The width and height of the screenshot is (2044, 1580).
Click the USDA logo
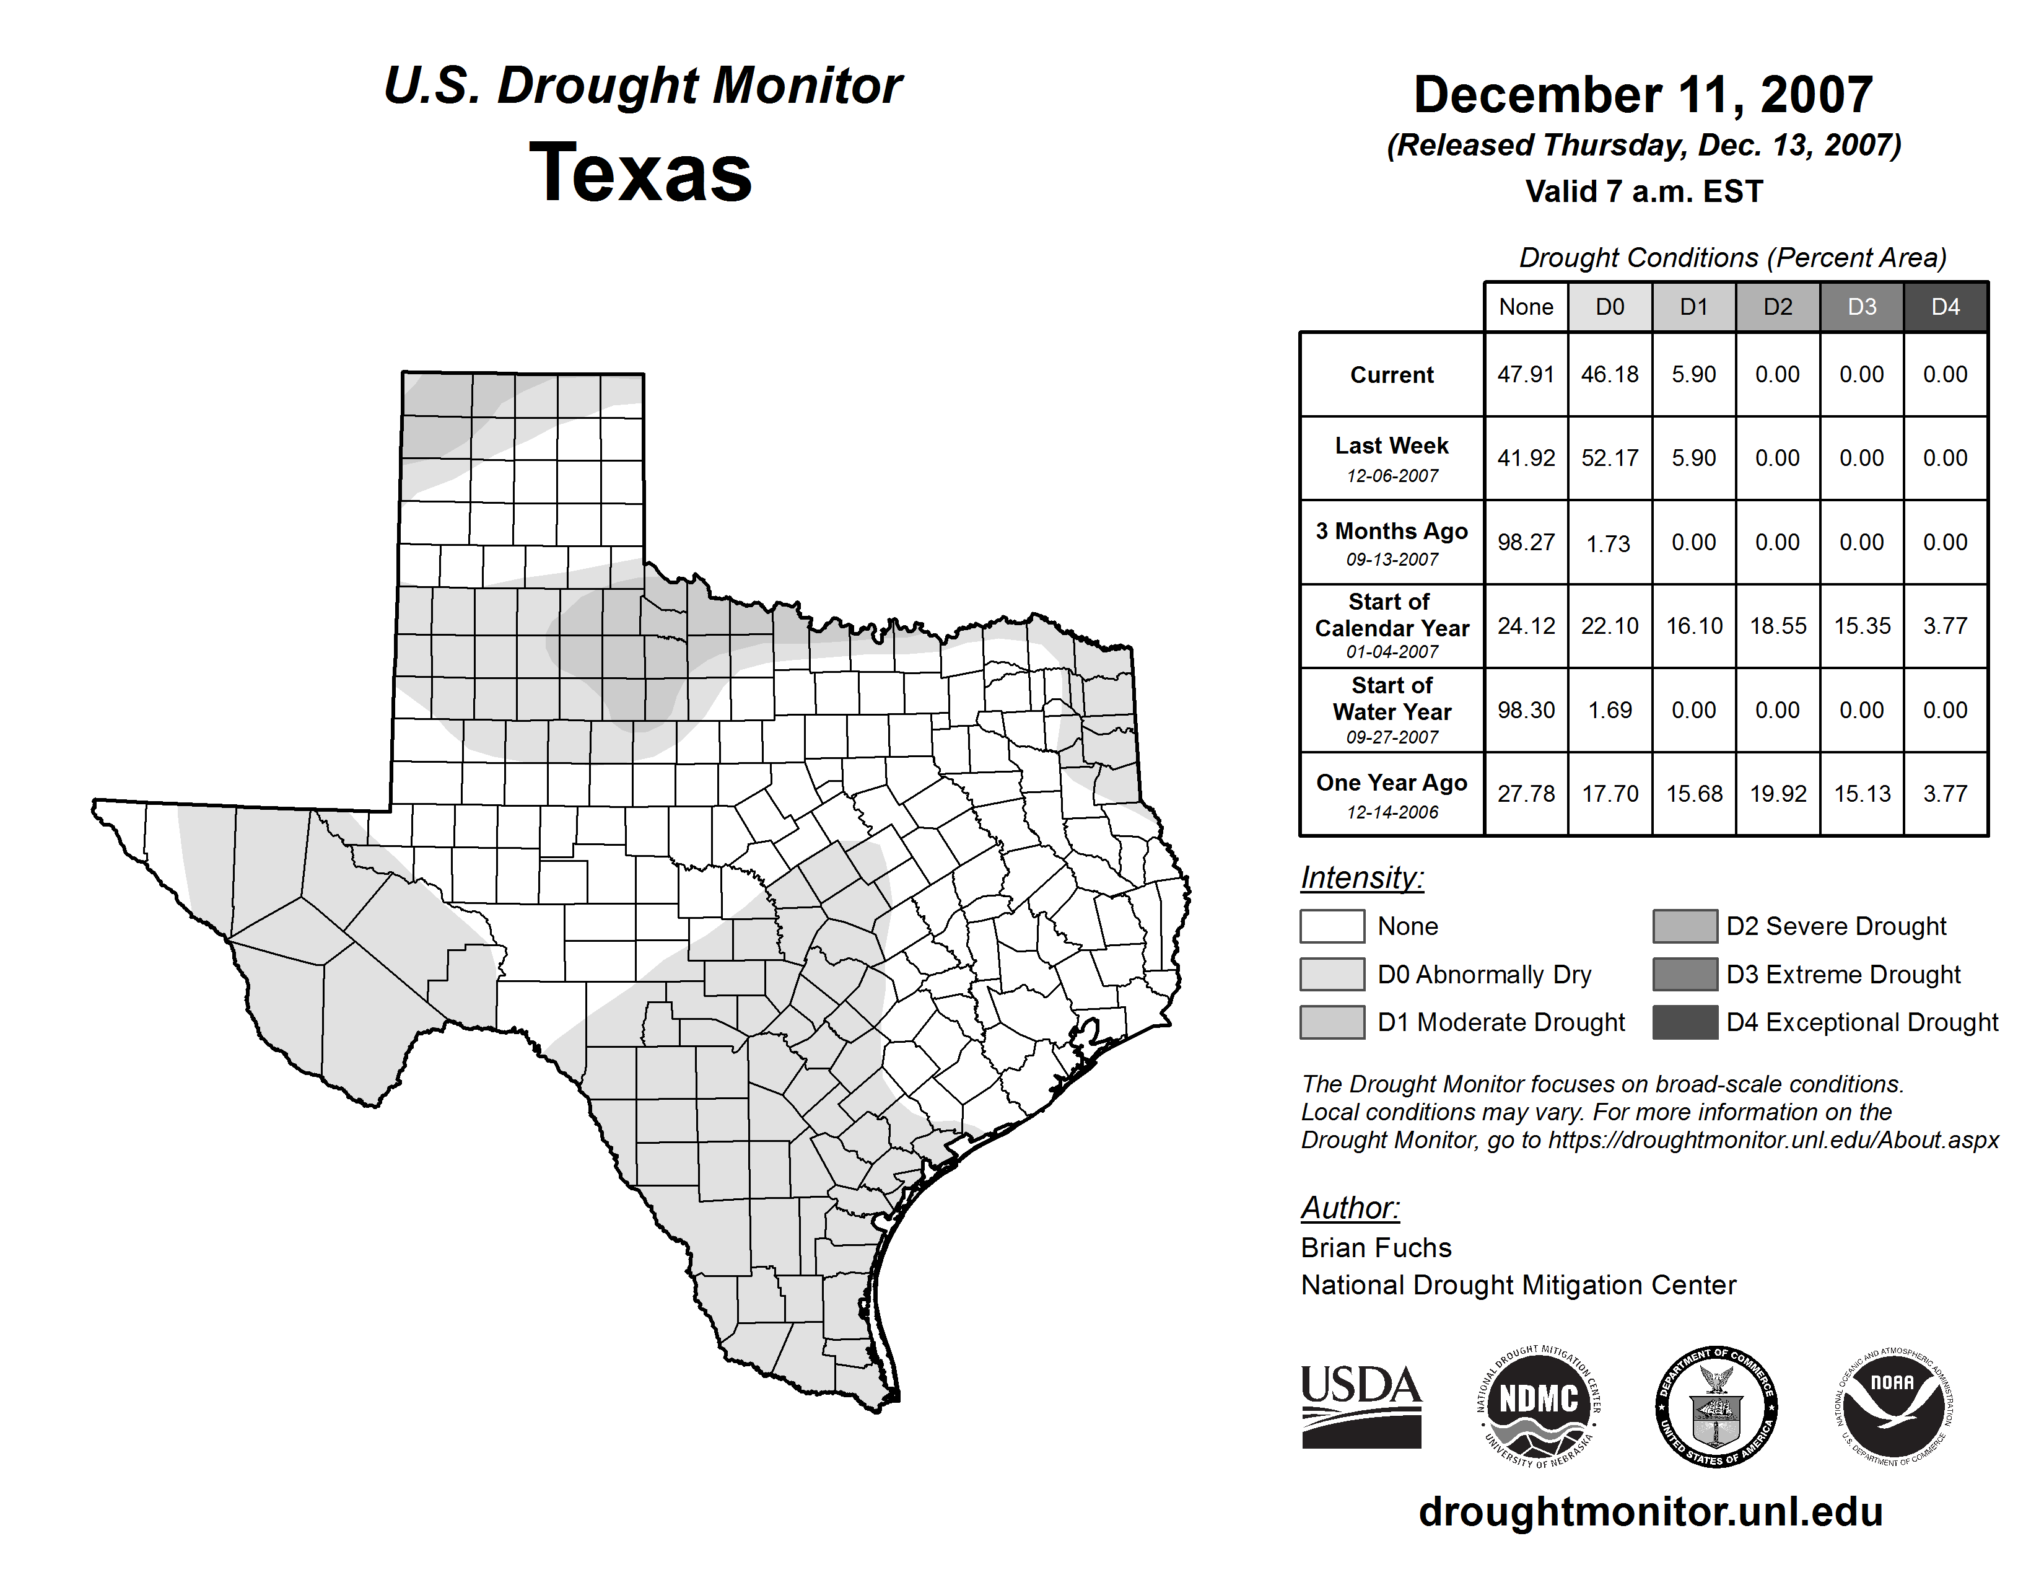point(1361,1406)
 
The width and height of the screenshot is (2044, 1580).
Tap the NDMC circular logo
point(1539,1406)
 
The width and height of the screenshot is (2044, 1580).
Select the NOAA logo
point(1892,1406)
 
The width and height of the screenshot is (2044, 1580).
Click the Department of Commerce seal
point(1716,1406)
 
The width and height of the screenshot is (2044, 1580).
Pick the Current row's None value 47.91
point(1526,374)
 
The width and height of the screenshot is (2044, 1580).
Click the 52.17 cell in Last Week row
point(1610,459)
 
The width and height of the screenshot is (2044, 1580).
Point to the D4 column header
point(1945,307)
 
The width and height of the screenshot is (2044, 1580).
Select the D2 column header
point(1777,307)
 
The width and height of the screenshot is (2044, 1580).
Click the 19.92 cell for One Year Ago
point(1777,794)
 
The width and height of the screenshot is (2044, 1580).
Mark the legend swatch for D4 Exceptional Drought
point(1685,1022)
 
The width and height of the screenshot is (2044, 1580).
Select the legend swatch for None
point(1332,926)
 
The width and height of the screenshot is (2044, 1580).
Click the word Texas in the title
point(640,172)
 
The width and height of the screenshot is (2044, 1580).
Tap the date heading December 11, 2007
point(1643,95)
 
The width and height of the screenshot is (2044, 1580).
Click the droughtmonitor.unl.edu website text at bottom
point(1650,1512)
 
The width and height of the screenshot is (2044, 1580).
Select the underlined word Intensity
point(1361,878)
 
